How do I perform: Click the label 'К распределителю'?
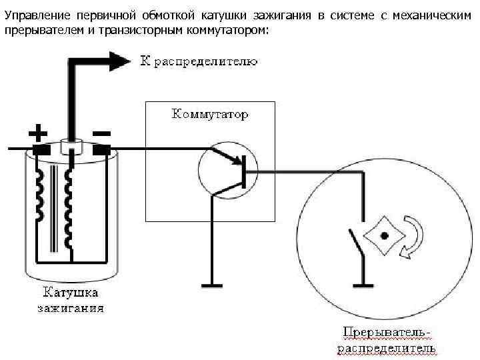click(198, 62)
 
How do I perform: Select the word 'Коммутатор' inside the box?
click(211, 114)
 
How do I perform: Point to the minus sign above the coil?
click(101, 133)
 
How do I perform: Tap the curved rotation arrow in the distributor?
click(411, 237)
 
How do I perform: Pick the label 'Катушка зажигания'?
click(70, 300)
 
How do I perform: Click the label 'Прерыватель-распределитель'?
click(386, 339)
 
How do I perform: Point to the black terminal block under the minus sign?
click(101, 149)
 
